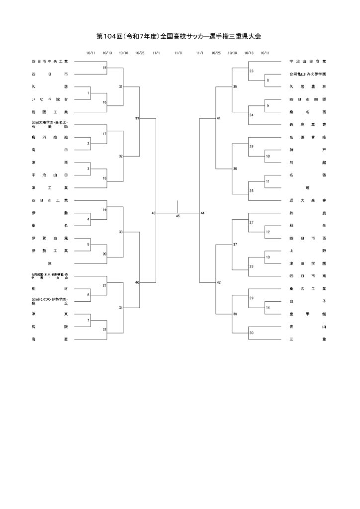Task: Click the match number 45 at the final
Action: pos(178,216)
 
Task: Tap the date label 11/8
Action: pos(178,53)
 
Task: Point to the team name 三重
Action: pos(307,339)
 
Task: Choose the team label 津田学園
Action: pos(307,263)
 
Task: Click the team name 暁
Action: pos(307,188)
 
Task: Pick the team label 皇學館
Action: pos(307,314)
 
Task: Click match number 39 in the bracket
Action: pos(137,118)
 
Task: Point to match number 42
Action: pos(219,282)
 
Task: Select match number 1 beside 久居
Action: pos(88,93)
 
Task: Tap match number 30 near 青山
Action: pos(252,333)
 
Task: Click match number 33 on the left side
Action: pos(121,232)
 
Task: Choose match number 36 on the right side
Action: pos(235,169)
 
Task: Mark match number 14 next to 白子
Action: pos(268,308)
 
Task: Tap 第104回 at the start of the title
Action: pos(109,37)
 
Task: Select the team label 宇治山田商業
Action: pos(307,62)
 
